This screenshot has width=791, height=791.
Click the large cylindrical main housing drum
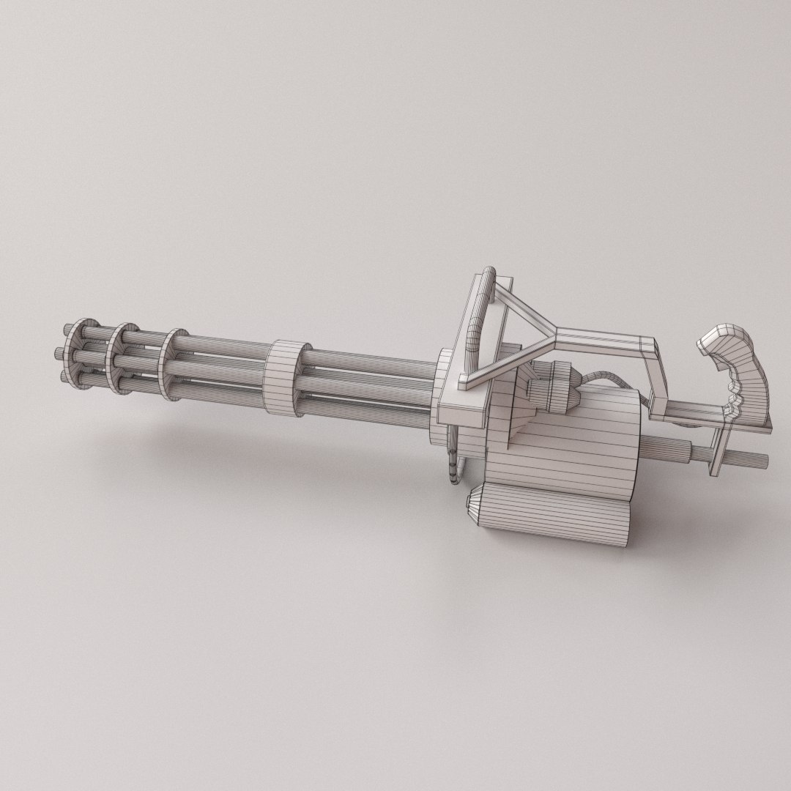pyautogui.click(x=579, y=439)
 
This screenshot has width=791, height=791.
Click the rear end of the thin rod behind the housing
pyautogui.click(x=762, y=460)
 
